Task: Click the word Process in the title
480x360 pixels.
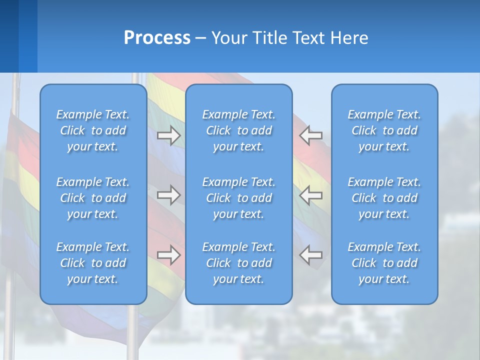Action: pyautogui.click(x=157, y=38)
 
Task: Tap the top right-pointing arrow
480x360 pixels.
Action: pyautogui.click(x=169, y=135)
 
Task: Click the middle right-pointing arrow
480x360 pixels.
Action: pyautogui.click(x=169, y=194)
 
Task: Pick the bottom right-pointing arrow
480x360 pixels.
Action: pyautogui.click(x=169, y=255)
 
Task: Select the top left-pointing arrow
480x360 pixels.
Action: pyautogui.click(x=310, y=135)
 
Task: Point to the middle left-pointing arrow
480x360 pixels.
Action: pyautogui.click(x=310, y=194)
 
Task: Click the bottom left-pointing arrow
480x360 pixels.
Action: pyautogui.click(x=310, y=255)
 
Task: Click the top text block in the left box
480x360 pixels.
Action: pyautogui.click(x=93, y=130)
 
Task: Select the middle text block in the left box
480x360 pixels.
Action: pyautogui.click(x=93, y=198)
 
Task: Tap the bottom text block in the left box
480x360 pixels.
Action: pyautogui.click(x=93, y=263)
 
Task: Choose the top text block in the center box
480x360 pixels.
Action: pyautogui.click(x=238, y=130)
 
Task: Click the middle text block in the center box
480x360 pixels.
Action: pyautogui.click(x=238, y=198)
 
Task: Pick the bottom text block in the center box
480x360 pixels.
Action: pyautogui.click(x=238, y=263)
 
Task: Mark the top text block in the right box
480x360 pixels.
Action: pyautogui.click(x=384, y=130)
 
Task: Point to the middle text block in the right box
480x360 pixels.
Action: pyautogui.click(x=384, y=198)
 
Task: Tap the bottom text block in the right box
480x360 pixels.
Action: pyautogui.click(x=384, y=263)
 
